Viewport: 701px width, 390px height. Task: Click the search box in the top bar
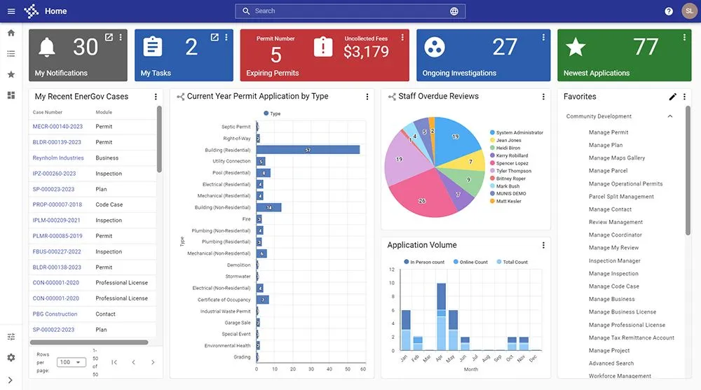point(343,11)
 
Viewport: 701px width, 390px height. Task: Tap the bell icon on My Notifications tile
point(47,48)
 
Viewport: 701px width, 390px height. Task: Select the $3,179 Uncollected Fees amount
point(366,51)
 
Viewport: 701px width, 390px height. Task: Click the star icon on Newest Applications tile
point(576,47)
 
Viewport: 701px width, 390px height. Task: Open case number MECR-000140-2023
point(57,127)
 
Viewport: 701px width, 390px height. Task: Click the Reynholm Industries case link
point(58,158)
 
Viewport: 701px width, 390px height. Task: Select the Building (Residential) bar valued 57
point(308,150)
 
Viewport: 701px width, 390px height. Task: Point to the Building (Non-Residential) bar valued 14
point(268,207)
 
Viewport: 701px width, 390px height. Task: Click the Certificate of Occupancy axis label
point(224,300)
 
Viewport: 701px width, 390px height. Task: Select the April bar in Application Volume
point(441,315)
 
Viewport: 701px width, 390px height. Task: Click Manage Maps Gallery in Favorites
point(616,158)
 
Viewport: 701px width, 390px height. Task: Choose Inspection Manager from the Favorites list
point(614,260)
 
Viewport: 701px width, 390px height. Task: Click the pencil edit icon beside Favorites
point(673,97)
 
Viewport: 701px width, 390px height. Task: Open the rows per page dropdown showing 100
point(71,363)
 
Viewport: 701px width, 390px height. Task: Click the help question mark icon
point(669,11)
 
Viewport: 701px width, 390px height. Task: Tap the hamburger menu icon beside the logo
point(11,11)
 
